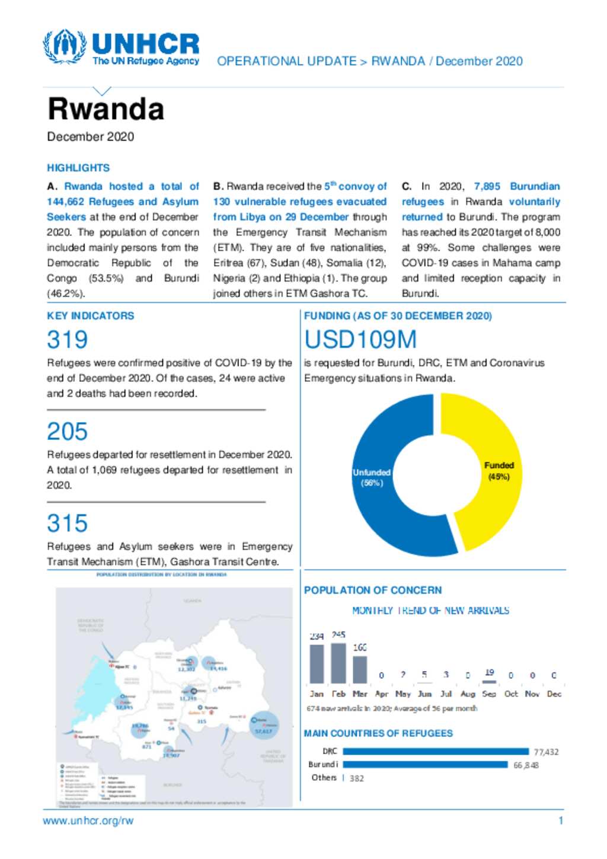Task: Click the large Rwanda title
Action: pyautogui.click(x=106, y=109)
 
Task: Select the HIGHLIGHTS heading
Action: pyautogui.click(x=78, y=168)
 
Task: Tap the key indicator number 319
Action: pyautogui.click(x=68, y=340)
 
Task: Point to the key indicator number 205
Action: pyautogui.click(x=68, y=432)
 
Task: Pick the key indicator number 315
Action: pyautogui.click(x=68, y=523)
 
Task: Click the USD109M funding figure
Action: pyautogui.click(x=360, y=340)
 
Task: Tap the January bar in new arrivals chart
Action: pyautogui.click(x=317, y=663)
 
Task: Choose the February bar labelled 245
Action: pyautogui.click(x=338, y=663)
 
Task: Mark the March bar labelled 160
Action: pyautogui.click(x=360, y=669)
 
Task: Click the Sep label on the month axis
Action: pyautogui.click(x=489, y=694)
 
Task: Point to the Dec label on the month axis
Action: pyautogui.click(x=554, y=694)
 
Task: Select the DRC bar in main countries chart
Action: pyautogui.click(x=436, y=751)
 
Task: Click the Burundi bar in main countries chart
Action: pyautogui.click(x=426, y=765)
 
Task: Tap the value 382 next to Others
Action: pyautogui.click(x=357, y=778)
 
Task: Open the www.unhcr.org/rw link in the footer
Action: pyautogui.click(x=88, y=821)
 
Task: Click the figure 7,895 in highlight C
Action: pyautogui.click(x=487, y=186)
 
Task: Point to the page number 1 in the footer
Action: pyautogui.click(x=561, y=821)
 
